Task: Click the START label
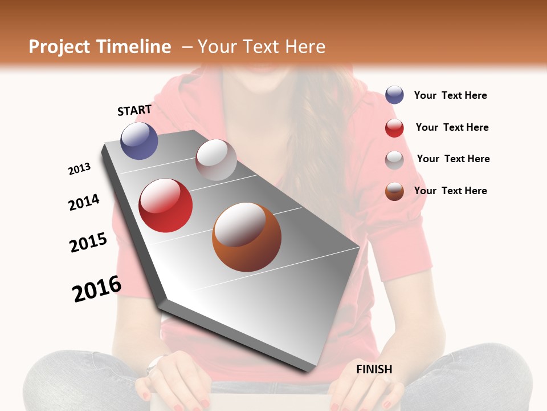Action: [x=134, y=110]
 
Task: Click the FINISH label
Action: [x=374, y=369]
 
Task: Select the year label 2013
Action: [x=79, y=169]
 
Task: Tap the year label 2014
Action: [x=84, y=202]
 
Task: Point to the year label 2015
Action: [x=88, y=243]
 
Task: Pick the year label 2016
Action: [x=97, y=289]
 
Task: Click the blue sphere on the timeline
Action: [x=139, y=140]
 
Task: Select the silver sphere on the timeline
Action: [x=216, y=160]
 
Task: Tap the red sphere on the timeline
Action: [x=165, y=205]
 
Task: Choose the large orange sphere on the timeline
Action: [x=246, y=237]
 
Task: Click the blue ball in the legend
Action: [x=394, y=95]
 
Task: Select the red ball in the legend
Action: [x=394, y=128]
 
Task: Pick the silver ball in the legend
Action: [x=394, y=160]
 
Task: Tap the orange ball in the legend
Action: [x=394, y=191]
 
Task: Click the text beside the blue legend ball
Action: [x=450, y=95]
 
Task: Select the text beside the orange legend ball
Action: [x=450, y=191]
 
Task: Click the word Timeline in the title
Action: [x=134, y=47]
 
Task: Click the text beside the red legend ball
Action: [x=452, y=127]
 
